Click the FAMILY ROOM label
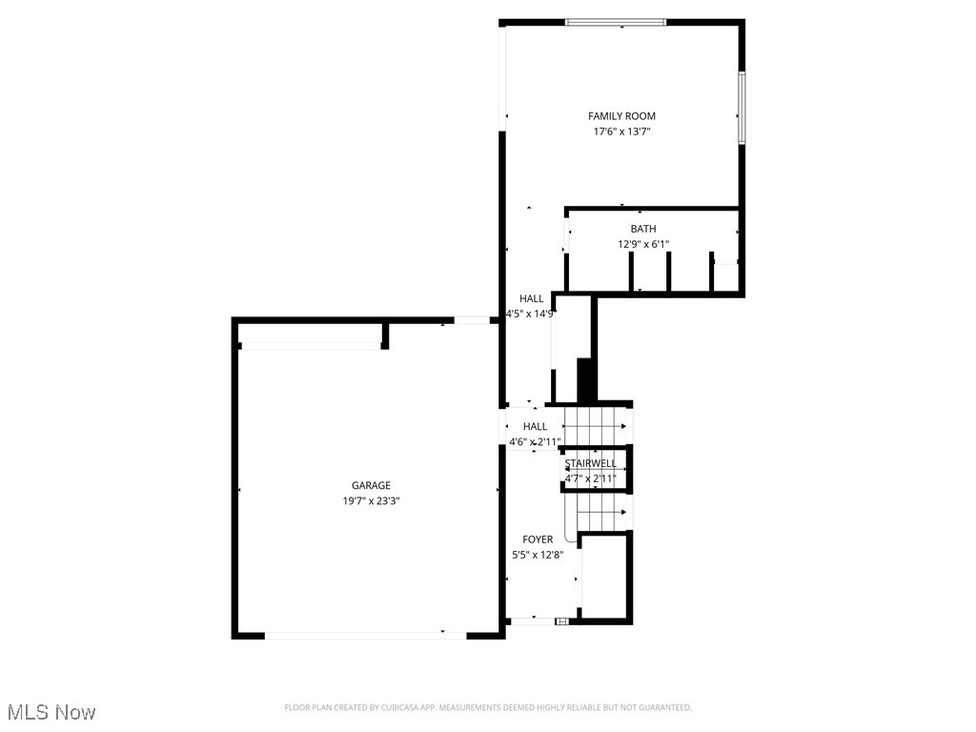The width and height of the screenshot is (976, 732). click(x=621, y=116)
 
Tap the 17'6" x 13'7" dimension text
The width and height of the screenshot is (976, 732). click(x=621, y=132)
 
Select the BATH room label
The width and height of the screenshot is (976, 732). click(x=643, y=229)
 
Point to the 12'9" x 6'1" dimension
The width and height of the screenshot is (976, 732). click(x=643, y=245)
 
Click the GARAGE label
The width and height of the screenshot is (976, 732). click(x=371, y=486)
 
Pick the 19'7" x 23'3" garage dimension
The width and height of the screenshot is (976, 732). click(x=371, y=501)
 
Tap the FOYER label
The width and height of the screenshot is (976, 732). click(x=538, y=539)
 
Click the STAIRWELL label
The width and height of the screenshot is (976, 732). click(x=591, y=463)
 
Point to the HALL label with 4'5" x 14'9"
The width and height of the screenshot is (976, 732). click(x=532, y=299)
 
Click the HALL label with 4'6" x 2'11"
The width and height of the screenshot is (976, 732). click(x=536, y=427)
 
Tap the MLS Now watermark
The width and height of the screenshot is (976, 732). click(x=51, y=712)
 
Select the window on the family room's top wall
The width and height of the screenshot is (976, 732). click(x=615, y=21)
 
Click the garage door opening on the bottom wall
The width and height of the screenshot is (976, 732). click(x=365, y=634)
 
